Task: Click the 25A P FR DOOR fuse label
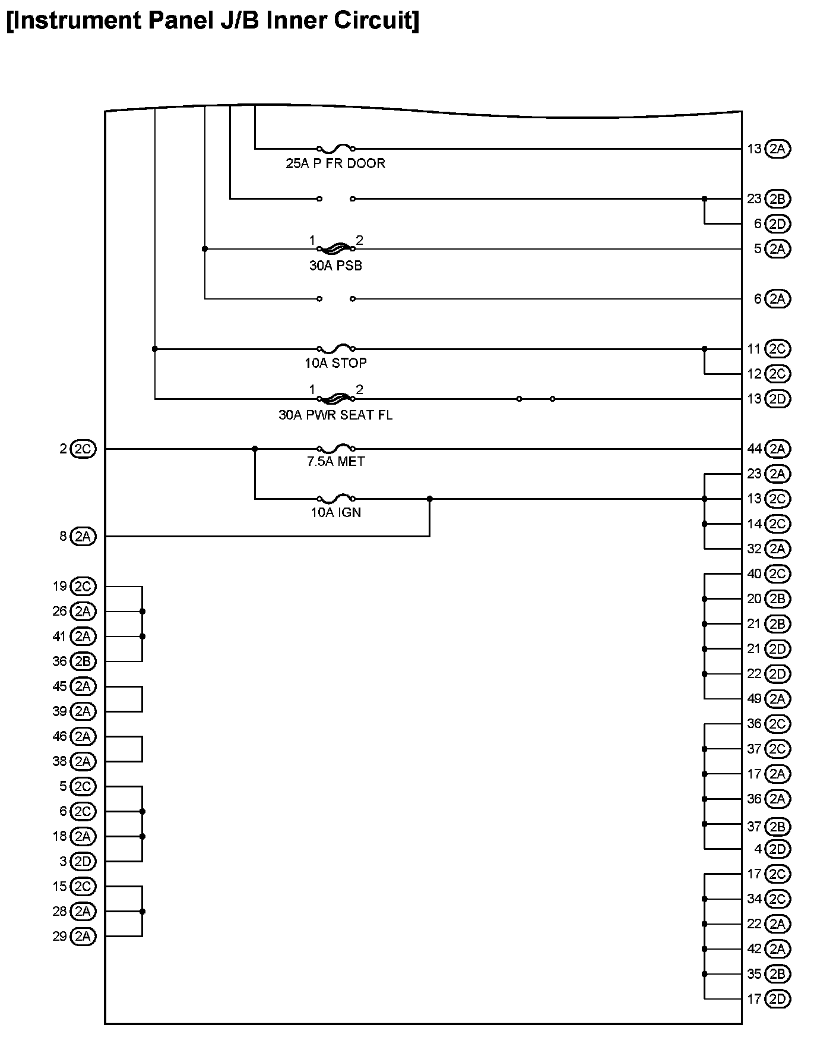tap(335, 163)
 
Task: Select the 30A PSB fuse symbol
tap(336, 248)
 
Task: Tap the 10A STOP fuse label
tap(335, 363)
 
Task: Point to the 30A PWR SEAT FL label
tap(335, 415)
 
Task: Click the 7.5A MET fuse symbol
tap(336, 448)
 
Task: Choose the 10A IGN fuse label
tap(335, 512)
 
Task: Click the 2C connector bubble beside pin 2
tap(83, 449)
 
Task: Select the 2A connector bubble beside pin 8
tap(83, 537)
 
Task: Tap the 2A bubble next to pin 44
tap(777, 449)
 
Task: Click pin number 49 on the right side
tap(754, 699)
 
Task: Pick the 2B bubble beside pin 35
tap(777, 974)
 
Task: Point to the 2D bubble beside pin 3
tap(83, 861)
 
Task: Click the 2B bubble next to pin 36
tap(83, 661)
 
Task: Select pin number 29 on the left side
tap(59, 937)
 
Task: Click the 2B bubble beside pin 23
tap(777, 198)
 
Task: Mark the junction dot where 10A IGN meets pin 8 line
tap(430, 499)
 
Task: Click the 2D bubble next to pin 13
tap(777, 399)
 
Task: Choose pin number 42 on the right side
tap(754, 949)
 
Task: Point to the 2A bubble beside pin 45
tap(83, 686)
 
